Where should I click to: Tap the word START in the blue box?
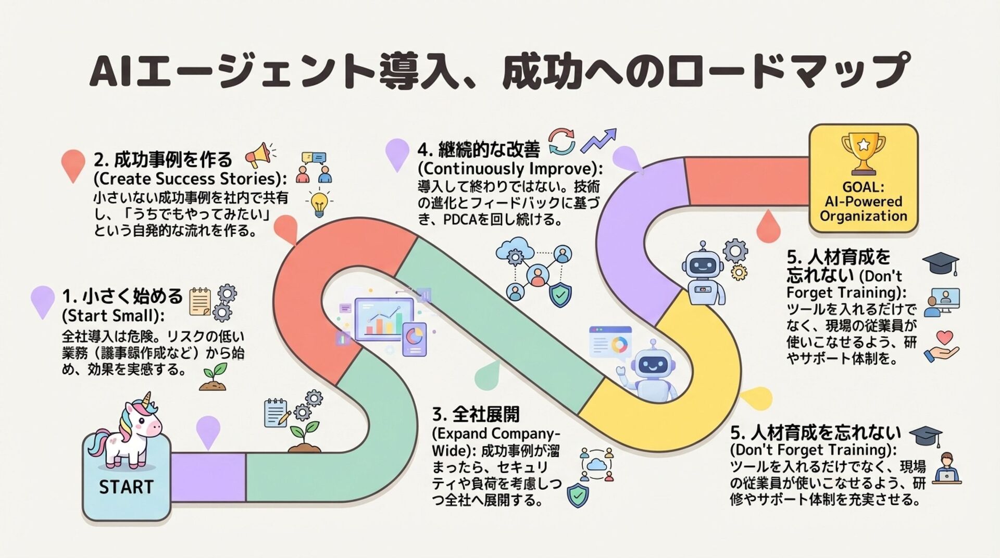[x=126, y=487]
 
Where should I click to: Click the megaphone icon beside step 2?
[x=258, y=154]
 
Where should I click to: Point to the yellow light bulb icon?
[x=319, y=204]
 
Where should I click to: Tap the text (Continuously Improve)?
[x=510, y=169]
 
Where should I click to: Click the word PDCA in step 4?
[x=460, y=220]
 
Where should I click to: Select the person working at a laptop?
[x=946, y=468]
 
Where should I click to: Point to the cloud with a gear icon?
[x=515, y=252]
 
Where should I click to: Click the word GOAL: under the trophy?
[x=863, y=187]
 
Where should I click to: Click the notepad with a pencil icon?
[x=277, y=413]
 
